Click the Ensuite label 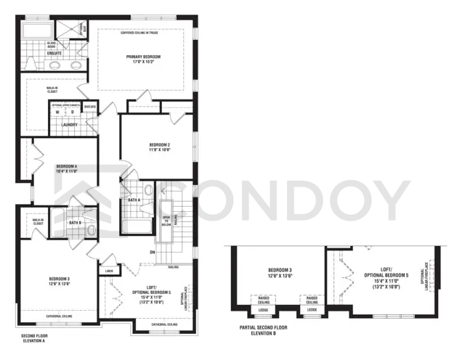point(54,54)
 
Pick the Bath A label point(134,200)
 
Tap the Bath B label point(75,223)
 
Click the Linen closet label point(109,271)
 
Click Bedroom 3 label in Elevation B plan point(279,272)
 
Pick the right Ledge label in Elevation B point(312,310)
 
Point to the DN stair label point(153,252)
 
